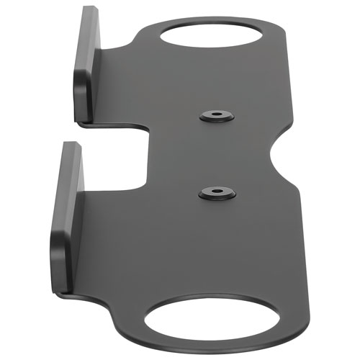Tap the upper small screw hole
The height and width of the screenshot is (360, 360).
pyautogui.click(x=215, y=115)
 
